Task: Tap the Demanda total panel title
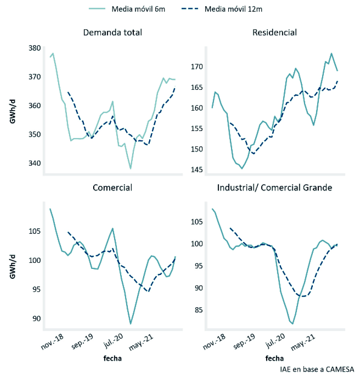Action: click(112, 33)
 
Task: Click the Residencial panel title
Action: click(275, 33)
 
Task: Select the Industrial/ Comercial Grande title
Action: click(275, 187)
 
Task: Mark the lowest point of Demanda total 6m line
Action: click(130, 168)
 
